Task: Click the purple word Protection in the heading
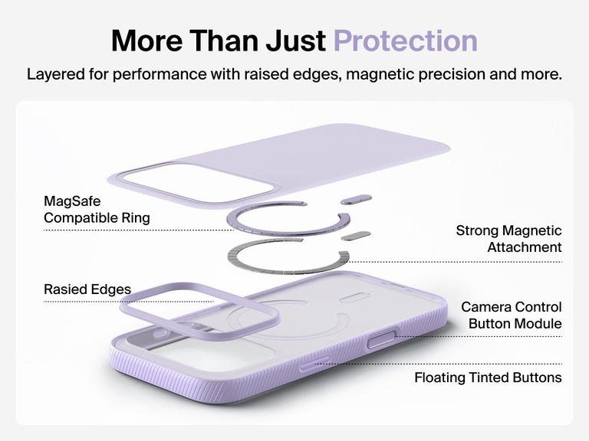(x=405, y=41)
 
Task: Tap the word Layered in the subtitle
(x=56, y=75)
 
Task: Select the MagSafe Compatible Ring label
(x=97, y=210)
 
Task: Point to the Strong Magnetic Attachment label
(x=508, y=239)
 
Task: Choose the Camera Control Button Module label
(x=511, y=315)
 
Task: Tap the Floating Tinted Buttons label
(x=488, y=377)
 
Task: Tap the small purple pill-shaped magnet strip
(x=357, y=200)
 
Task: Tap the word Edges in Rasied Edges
(x=110, y=290)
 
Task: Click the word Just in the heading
(x=294, y=41)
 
